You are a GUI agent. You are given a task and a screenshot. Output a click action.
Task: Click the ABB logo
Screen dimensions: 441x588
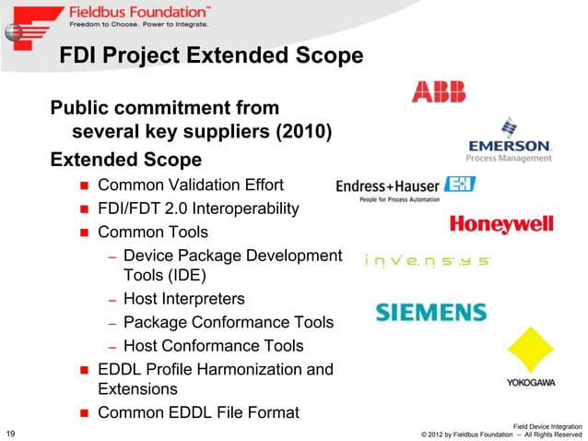coord(439,91)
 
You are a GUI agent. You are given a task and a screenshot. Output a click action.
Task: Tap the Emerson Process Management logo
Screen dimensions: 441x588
coord(510,140)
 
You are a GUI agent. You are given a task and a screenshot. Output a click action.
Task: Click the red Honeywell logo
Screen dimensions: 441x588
coord(501,224)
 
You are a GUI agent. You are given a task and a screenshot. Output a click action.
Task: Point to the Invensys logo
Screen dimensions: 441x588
coord(428,261)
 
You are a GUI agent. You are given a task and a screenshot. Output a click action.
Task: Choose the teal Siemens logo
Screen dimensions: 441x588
coord(430,312)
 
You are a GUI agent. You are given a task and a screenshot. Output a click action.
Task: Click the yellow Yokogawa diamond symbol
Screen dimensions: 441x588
coord(530,350)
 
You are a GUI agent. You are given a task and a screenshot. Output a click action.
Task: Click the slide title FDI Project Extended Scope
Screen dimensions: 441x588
coord(211,56)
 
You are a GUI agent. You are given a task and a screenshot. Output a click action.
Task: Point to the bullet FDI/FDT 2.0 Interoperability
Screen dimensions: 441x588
coord(198,208)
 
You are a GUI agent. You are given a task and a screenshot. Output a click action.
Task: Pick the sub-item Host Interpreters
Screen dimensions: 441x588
coord(183,299)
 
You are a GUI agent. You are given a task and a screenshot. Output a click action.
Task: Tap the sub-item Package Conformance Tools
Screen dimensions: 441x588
coord(228,322)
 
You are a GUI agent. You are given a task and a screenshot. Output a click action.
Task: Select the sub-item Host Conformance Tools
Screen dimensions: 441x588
coord(213,346)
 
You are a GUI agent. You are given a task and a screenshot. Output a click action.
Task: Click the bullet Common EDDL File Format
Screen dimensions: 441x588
coord(198,412)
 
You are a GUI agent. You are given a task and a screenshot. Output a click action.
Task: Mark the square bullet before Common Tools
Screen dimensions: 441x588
coord(82,232)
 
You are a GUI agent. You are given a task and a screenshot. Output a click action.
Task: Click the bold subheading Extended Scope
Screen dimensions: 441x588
coord(125,159)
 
